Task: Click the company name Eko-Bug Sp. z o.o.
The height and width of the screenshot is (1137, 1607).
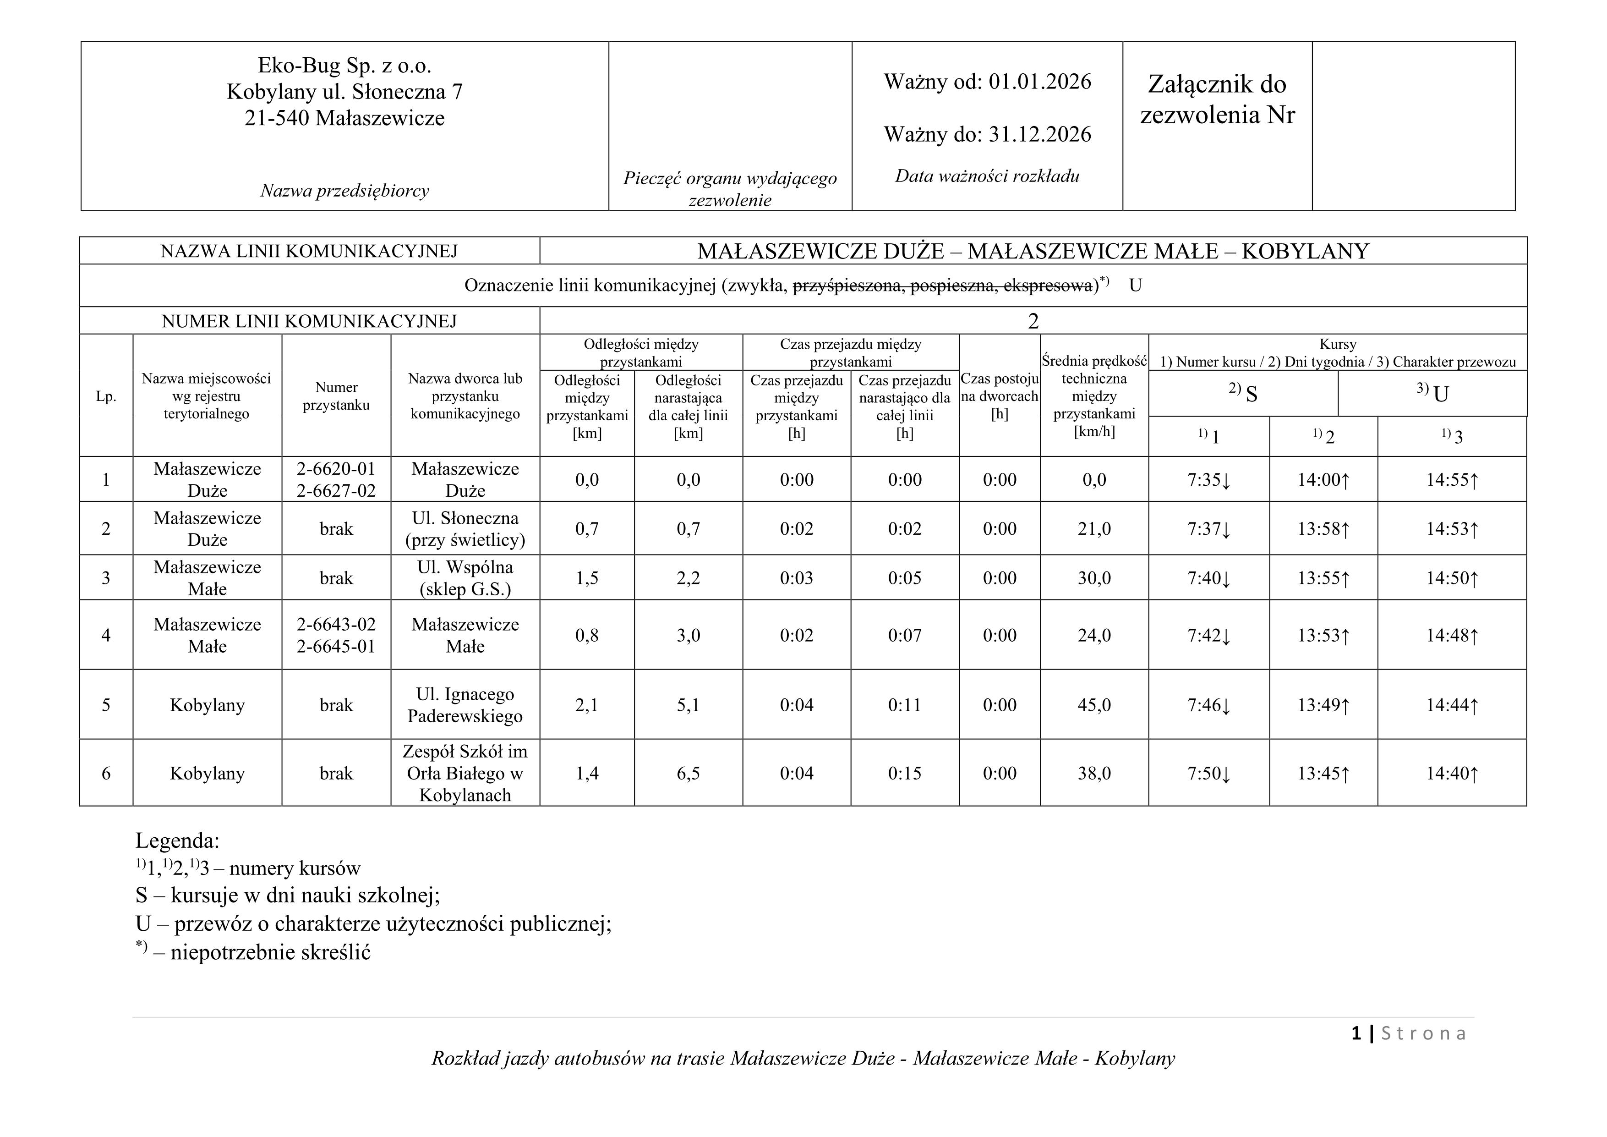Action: coord(344,66)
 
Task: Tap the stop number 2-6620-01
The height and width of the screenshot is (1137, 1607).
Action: coord(336,469)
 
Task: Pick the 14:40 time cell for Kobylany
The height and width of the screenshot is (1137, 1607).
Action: coord(1452,774)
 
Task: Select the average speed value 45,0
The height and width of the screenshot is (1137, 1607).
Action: coord(1094,705)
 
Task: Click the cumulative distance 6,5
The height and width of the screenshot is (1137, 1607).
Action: coord(688,774)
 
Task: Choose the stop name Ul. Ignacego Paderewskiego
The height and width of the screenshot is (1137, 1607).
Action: coord(465,705)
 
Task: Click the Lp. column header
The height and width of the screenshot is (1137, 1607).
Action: coord(106,396)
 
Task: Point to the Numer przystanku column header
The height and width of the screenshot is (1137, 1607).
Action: coord(336,396)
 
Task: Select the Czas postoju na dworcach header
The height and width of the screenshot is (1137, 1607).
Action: coord(1000,396)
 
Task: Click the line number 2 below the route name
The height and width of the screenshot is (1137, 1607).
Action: coord(1033,321)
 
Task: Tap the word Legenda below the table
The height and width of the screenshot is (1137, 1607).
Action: coord(177,840)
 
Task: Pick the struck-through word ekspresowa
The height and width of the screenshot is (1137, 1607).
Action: coord(1048,286)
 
